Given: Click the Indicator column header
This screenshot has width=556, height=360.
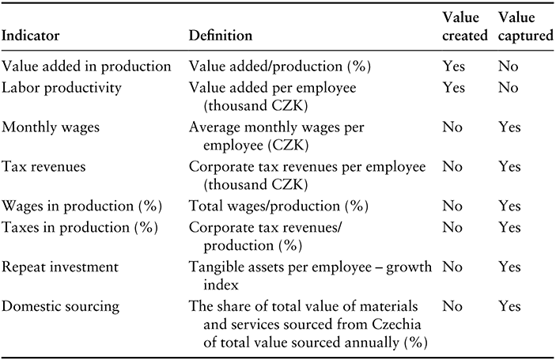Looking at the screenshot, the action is [31, 36].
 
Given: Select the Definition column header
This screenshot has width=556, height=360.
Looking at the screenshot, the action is [220, 36].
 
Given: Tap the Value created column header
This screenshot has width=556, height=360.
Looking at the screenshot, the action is [465, 26].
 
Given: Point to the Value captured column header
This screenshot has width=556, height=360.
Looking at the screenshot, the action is [525, 26].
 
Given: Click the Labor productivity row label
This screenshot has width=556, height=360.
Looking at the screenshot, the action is [62, 88].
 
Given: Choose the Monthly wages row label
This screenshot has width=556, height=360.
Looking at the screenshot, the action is [51, 127].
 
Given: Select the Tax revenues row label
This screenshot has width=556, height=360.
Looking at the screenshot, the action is [43, 167].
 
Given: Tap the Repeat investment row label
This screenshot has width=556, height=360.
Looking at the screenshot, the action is [60, 267].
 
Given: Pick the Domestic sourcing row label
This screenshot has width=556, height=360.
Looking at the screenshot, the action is [60, 306].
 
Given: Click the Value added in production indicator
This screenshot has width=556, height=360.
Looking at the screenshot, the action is [86, 66].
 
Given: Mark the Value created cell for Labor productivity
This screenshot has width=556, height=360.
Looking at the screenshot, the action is [453, 88].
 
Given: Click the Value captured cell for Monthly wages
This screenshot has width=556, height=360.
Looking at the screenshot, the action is [509, 127].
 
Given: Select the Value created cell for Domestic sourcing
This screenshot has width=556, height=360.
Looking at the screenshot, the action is [452, 306].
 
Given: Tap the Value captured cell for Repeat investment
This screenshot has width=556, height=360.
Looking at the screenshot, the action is [509, 267].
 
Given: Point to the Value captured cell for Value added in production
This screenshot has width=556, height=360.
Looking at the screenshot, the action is [508, 66].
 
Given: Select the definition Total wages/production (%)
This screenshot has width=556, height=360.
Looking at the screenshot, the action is [278, 206].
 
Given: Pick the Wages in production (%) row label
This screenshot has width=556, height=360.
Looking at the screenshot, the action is [82, 206].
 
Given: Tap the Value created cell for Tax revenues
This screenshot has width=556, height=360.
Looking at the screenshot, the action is [452, 166].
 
